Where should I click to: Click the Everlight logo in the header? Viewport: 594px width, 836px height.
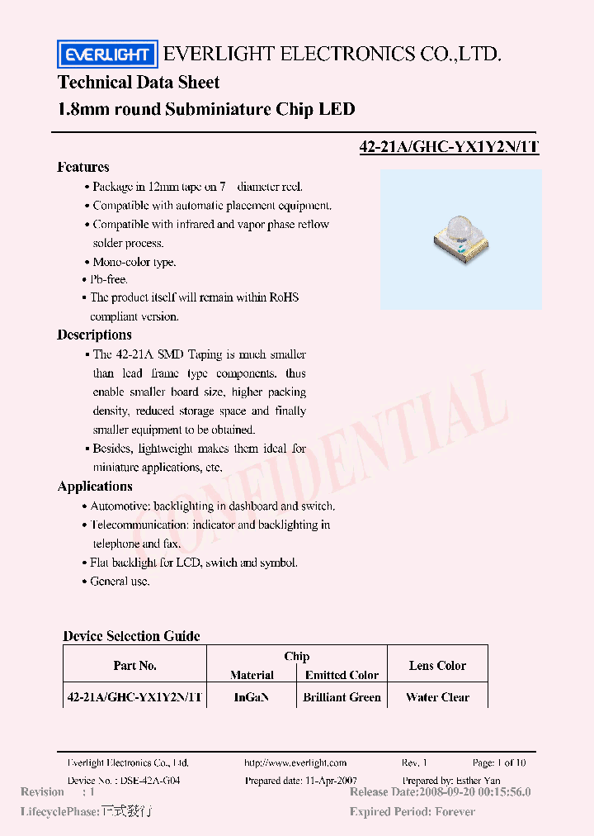(106, 55)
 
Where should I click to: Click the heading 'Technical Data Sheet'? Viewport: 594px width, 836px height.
(139, 83)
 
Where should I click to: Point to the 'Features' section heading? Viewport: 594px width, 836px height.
(83, 167)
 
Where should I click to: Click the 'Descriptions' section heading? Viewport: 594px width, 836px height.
(94, 335)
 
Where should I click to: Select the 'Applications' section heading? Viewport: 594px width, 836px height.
(95, 487)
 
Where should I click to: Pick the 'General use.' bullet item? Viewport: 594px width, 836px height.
(120, 582)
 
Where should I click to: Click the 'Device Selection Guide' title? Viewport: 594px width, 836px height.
(131, 636)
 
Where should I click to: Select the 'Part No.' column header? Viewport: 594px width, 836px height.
(134, 666)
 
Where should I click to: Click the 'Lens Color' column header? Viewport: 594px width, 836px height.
(437, 666)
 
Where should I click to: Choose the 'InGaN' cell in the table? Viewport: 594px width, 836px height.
(252, 697)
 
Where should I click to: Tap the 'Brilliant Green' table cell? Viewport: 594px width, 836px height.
(342, 697)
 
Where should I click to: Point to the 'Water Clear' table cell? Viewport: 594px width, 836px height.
(437, 697)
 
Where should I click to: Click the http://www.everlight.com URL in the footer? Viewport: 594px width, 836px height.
(295, 763)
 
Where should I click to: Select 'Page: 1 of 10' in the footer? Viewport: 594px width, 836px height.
(498, 763)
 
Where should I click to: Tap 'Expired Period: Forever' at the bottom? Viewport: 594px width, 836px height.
(412, 812)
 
